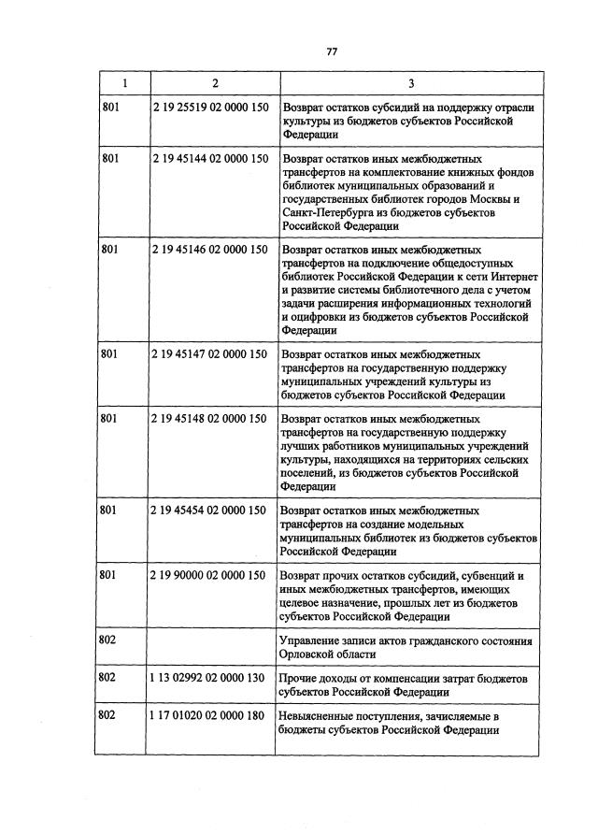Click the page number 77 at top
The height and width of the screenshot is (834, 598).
[x=331, y=51]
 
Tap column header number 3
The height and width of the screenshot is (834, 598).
[x=410, y=83]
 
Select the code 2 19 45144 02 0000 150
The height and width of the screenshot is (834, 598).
[x=208, y=160]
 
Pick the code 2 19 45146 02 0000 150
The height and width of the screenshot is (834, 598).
[x=208, y=251]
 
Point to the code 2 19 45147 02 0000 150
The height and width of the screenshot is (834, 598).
[x=208, y=355]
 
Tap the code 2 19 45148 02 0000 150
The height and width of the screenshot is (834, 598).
[x=208, y=420]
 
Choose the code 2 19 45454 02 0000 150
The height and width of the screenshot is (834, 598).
[x=208, y=511]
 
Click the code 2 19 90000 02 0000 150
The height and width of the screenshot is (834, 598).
[x=208, y=576]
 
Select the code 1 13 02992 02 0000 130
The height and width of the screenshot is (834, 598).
[x=208, y=677]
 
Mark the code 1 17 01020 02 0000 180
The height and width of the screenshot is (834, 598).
[x=208, y=715]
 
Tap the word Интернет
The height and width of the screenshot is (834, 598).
[x=505, y=277]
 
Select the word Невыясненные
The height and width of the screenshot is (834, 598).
[x=320, y=715]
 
